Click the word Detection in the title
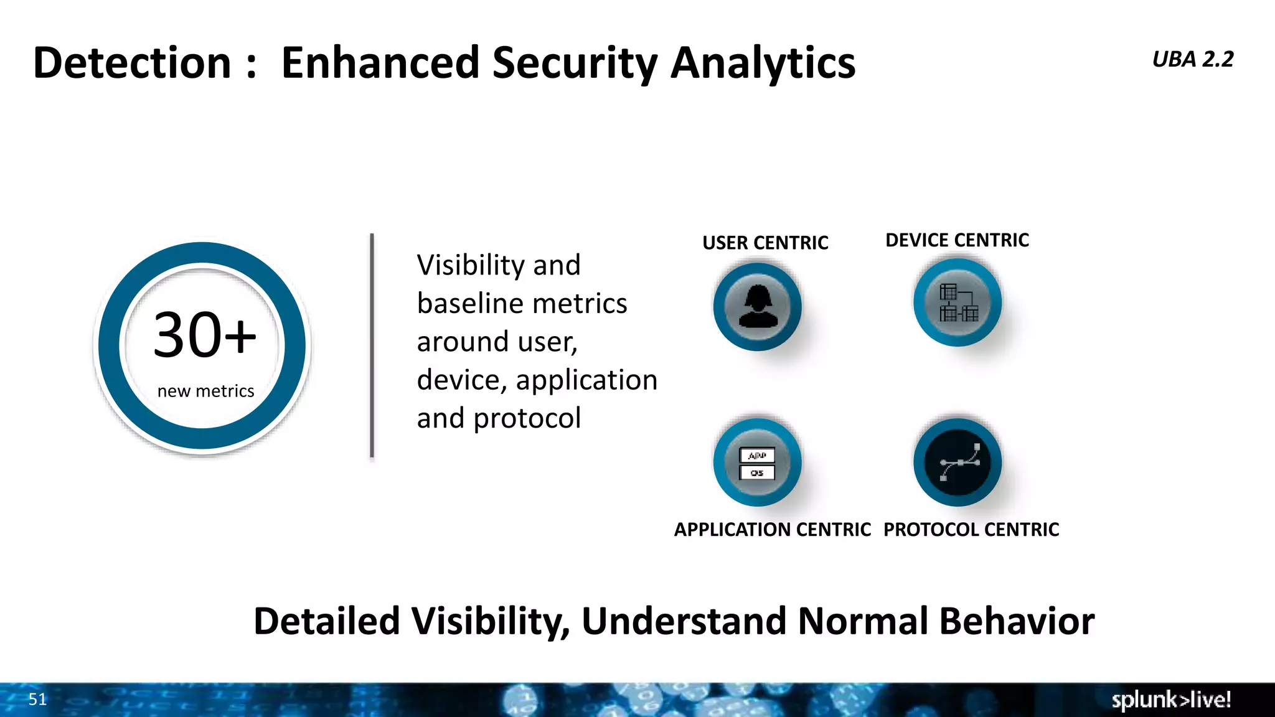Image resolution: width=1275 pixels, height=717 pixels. pos(132,63)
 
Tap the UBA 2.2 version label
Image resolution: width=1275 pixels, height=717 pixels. pos(1192,59)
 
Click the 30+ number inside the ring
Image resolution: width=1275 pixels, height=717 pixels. pos(204,335)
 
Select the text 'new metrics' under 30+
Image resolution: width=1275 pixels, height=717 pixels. pos(205,391)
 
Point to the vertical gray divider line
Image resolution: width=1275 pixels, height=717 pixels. pos(372,345)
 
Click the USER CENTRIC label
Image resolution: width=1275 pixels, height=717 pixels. pos(765,243)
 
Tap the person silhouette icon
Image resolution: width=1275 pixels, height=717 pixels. pos(758,306)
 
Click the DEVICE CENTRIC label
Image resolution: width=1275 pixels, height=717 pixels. pos(957,240)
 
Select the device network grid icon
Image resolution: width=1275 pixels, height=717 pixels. pos(957,302)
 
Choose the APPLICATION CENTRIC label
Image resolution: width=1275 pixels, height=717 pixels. pos(772,530)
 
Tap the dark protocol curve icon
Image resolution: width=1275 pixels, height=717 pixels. pos(957,462)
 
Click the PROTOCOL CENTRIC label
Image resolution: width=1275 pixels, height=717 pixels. pos(971,530)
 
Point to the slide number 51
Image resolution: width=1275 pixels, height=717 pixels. pos(37,699)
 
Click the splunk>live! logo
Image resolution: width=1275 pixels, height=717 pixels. pos(1170,700)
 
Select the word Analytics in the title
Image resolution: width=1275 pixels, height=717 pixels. pos(763,63)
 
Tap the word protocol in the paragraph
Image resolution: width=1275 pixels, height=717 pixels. pos(527,418)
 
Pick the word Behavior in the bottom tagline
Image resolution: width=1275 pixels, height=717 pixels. pos(1016,621)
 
